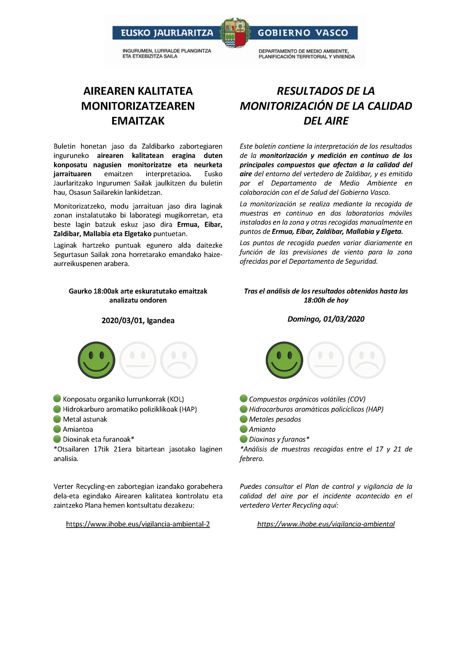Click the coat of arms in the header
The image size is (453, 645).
(x=235, y=33)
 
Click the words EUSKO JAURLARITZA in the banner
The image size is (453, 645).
(x=167, y=33)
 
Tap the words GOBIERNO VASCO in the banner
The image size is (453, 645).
(x=303, y=33)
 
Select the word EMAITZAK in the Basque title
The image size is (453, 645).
(x=138, y=121)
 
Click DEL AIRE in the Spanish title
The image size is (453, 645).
(x=326, y=121)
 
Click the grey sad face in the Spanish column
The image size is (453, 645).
(x=366, y=360)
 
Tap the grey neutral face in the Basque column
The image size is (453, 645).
(x=137, y=360)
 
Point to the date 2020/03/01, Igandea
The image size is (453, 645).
(x=138, y=321)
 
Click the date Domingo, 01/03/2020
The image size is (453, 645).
(x=326, y=319)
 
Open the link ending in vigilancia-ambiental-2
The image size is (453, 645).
(x=138, y=524)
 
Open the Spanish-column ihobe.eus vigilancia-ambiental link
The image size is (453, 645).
(x=326, y=524)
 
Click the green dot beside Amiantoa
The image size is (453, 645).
(x=57, y=429)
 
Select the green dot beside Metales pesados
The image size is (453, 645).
(x=244, y=419)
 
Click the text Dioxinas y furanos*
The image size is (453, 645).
(x=279, y=439)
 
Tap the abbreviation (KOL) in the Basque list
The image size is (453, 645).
(x=176, y=399)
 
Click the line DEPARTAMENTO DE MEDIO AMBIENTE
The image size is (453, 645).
(x=304, y=51)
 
